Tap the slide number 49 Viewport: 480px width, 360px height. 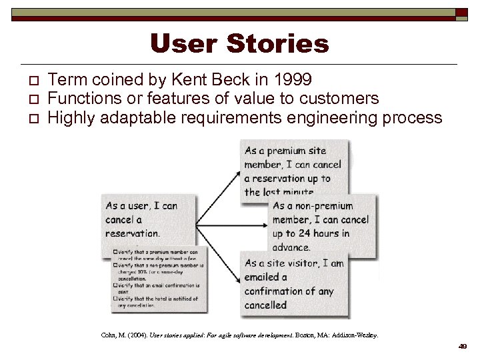pyautogui.click(x=462, y=346)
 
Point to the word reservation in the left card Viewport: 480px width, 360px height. pyautogui.click(x=131, y=233)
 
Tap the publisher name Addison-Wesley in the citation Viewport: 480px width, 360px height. pyautogui.click(x=354, y=335)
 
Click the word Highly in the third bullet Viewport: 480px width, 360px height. pyautogui.click(x=70, y=118)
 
